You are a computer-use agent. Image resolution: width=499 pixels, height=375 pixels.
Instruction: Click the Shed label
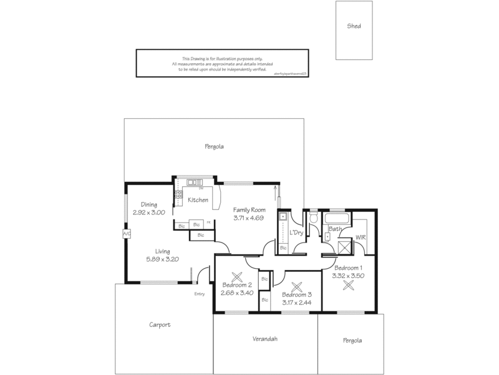point(354,26)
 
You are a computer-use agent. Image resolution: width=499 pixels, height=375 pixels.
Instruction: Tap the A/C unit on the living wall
point(127,234)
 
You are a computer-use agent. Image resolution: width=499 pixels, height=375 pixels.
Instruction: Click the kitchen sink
point(193,182)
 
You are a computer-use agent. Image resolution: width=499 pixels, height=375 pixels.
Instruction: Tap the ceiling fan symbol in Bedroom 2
point(237,277)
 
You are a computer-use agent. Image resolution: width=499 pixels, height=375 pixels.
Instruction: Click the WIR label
point(360,237)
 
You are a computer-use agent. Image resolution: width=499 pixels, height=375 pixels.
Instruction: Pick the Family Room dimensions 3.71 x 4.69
point(249,218)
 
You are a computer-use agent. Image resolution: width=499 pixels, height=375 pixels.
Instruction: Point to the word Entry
point(200,294)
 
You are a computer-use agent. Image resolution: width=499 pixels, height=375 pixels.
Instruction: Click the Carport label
point(160,325)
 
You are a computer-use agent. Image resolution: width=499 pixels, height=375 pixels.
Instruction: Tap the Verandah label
point(264,339)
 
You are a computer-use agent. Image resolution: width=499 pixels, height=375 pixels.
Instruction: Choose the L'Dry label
point(296,232)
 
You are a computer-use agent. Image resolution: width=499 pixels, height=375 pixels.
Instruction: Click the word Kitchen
point(198,200)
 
